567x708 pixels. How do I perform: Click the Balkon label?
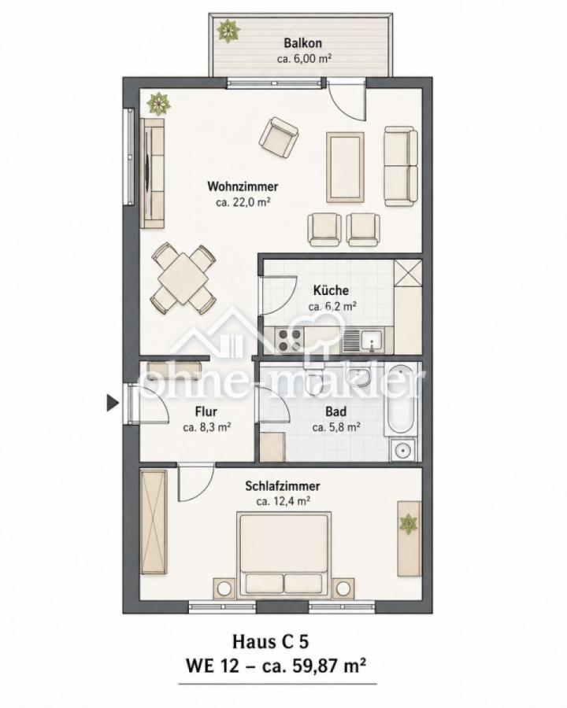pyautogui.click(x=303, y=43)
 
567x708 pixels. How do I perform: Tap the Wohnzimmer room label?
pyautogui.click(x=243, y=186)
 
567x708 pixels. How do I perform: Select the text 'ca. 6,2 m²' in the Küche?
pyautogui.click(x=332, y=307)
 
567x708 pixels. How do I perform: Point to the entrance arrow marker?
pyautogui.click(x=112, y=402)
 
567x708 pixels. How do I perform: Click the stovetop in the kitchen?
pyautogui.click(x=289, y=340)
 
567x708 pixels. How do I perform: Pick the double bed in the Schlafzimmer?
pyautogui.click(x=285, y=554)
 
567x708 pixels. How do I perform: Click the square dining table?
pyautogui.click(x=183, y=278)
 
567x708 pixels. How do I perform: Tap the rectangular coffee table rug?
pyautogui.click(x=345, y=167)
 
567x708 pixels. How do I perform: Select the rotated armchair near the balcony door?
pyautogui.click(x=279, y=138)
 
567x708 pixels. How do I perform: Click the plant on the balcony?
pyautogui.click(x=228, y=31)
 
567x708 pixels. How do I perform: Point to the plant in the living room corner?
pyautogui.click(x=158, y=104)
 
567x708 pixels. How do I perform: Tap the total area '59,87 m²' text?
pyautogui.click(x=324, y=665)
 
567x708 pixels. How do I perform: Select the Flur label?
pyautogui.click(x=206, y=411)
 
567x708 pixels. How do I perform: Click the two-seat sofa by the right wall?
pyautogui.click(x=401, y=166)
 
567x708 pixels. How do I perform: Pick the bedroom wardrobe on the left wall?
pyautogui.click(x=154, y=522)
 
